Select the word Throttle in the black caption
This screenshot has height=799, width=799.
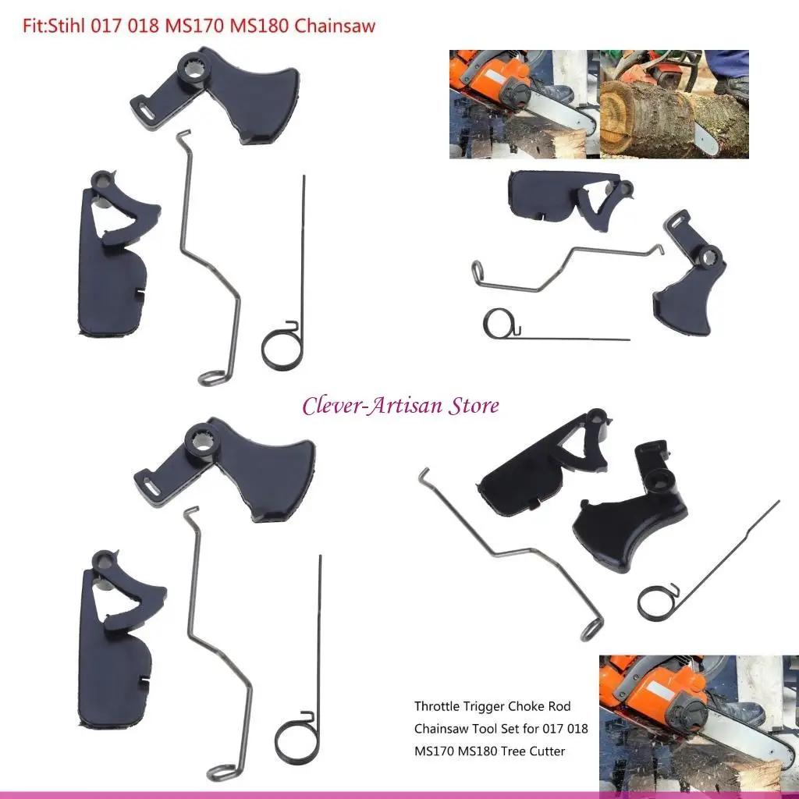click(438, 706)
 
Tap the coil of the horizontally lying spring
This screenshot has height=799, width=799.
click(497, 324)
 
